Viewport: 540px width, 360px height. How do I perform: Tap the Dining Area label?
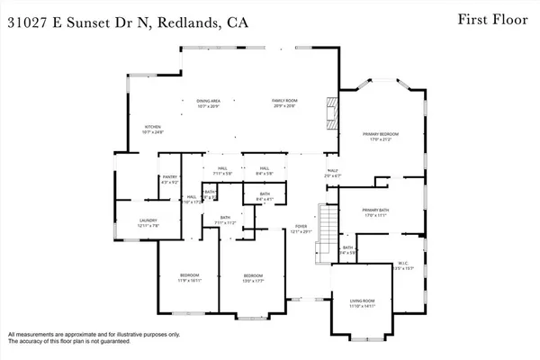209,101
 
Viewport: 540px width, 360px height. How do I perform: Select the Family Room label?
284,101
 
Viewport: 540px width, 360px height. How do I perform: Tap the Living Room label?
361,302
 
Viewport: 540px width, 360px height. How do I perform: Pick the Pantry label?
167,177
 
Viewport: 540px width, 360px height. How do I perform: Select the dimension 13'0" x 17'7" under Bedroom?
253,281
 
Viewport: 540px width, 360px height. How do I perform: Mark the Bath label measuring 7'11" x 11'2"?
222,221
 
